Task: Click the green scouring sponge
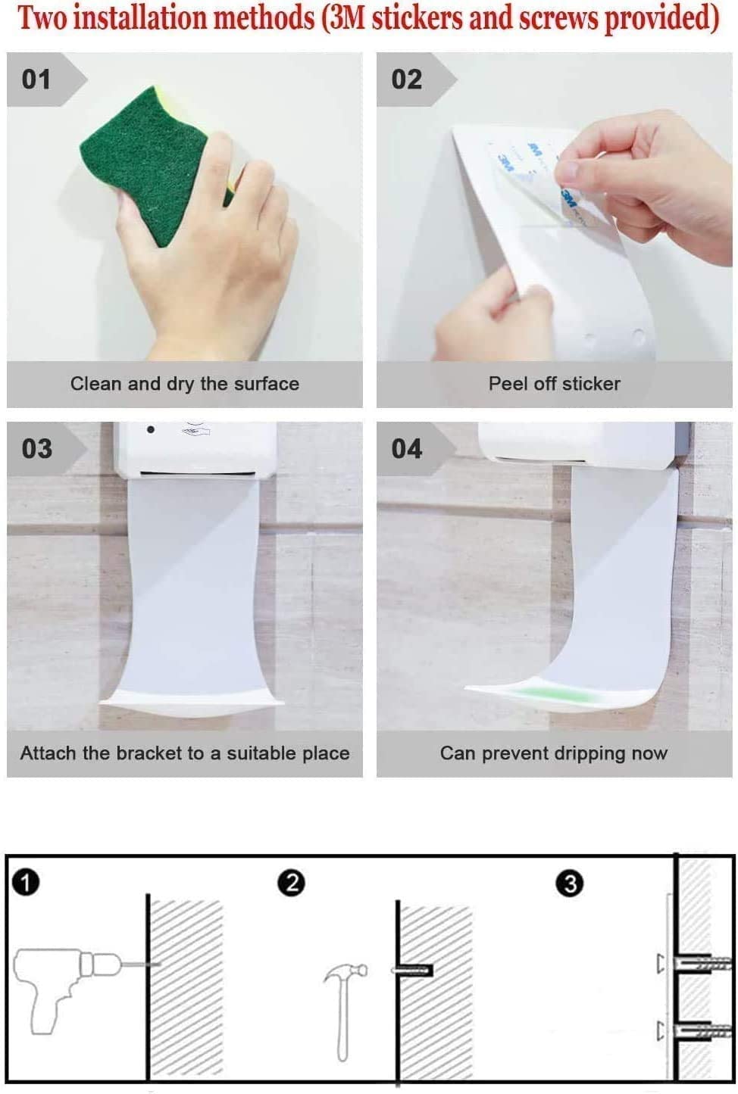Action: [156, 166]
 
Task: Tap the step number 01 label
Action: [36, 79]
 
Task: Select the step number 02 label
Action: [407, 79]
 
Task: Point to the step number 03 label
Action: [36, 449]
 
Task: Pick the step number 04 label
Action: [407, 449]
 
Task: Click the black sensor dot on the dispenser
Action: [151, 429]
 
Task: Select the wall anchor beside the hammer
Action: [413, 971]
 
